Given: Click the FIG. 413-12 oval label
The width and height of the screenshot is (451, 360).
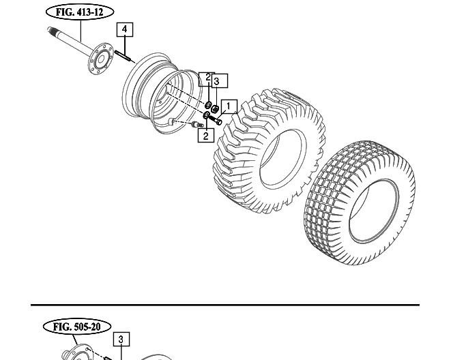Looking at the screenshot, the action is coord(80,12).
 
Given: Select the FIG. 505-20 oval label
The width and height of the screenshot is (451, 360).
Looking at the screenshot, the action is coord(77,327).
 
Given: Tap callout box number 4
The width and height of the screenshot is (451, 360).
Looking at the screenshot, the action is coord(125,29).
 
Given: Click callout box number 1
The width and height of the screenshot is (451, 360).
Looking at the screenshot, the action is coord(229,106).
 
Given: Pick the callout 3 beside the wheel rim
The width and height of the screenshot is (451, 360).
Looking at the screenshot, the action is coord(220,80).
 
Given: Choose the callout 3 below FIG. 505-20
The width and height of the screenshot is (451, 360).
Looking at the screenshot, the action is coord(121,340).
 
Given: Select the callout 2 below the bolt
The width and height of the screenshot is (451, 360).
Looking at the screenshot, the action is coord(205,135).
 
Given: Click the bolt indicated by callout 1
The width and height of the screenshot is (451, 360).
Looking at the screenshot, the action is coord(216,119).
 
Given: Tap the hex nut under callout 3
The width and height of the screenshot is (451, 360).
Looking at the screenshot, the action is coord(215,109).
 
